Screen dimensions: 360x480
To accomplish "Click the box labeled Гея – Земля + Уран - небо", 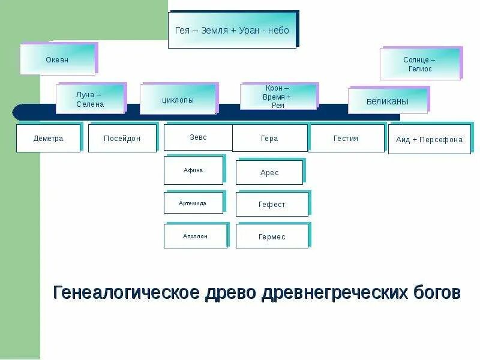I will [x=232, y=30].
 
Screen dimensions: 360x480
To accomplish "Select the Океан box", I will [x=58, y=59].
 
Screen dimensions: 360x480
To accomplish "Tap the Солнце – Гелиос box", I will [x=419, y=64].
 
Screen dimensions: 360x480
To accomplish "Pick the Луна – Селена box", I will [x=90, y=100].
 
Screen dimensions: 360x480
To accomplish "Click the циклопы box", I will [x=178, y=100].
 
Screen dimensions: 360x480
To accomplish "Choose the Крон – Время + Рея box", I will [x=278, y=97].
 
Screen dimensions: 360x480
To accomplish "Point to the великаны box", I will [x=388, y=101].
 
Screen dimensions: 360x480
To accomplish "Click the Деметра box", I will [x=48, y=139].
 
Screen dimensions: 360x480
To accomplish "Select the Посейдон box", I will [x=122, y=139].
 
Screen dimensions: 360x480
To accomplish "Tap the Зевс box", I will [x=198, y=137].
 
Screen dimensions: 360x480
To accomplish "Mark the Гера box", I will [x=269, y=139].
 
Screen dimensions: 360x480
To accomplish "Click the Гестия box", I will [x=346, y=139].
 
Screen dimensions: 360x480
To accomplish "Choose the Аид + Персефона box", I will [x=429, y=140].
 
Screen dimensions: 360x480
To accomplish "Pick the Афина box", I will [x=193, y=170].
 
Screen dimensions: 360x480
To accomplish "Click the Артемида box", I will [x=193, y=203].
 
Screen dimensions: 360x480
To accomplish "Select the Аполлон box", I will [x=195, y=236].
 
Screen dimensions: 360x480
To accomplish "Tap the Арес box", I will [x=269, y=173].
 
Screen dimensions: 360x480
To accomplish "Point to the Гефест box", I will [x=272, y=205].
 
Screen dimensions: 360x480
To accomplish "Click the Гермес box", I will [x=272, y=236].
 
